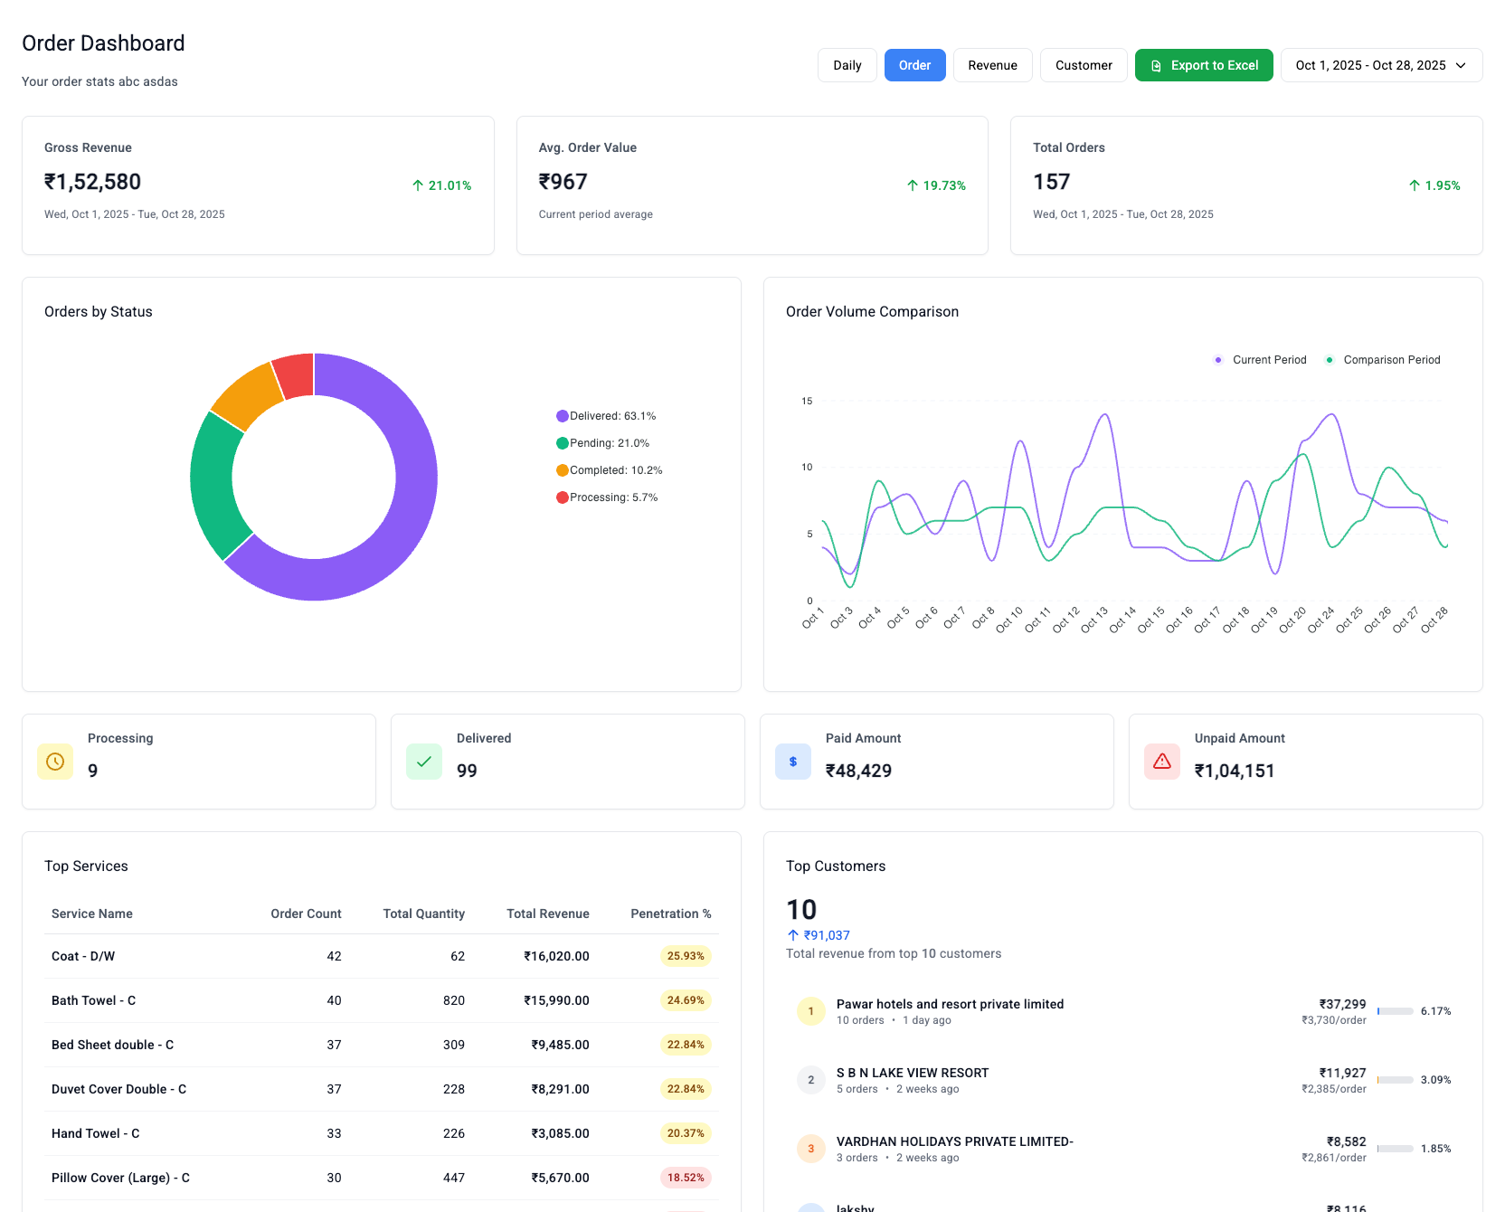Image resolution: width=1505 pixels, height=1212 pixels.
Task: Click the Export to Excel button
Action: (1204, 65)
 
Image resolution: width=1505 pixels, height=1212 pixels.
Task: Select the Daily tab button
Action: (847, 65)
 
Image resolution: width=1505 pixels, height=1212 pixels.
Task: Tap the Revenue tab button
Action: (992, 65)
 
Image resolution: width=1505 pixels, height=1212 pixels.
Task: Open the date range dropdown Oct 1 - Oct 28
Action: (1381, 65)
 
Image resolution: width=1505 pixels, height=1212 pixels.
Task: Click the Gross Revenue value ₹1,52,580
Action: (92, 182)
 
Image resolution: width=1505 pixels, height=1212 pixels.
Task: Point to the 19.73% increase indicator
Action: (936, 185)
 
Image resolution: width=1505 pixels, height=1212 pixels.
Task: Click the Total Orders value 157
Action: (1051, 182)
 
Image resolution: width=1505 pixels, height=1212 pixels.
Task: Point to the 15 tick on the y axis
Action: (807, 401)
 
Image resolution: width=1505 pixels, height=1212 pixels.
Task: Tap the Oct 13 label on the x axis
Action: (1094, 619)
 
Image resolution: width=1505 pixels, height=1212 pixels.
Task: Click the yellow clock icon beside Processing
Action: (55, 762)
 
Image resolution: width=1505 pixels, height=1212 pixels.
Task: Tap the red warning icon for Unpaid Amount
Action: (1162, 762)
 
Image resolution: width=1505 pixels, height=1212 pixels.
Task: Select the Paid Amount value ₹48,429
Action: (858, 771)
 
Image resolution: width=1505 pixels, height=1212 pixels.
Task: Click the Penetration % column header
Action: (670, 914)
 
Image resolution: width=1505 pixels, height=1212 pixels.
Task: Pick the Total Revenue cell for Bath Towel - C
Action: (556, 1000)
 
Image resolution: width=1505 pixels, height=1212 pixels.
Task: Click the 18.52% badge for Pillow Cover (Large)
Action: (686, 1178)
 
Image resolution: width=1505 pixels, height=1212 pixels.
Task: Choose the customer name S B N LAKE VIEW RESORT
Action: (912, 1073)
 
